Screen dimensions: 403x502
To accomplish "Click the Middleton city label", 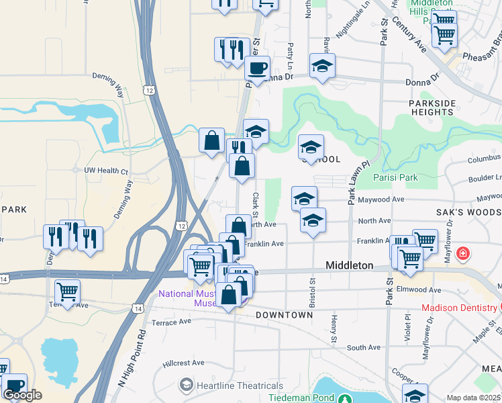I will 349,265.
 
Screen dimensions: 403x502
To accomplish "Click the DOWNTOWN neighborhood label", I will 284,315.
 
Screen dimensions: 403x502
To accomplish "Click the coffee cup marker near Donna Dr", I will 257,69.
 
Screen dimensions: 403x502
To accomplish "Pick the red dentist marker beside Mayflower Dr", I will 462,254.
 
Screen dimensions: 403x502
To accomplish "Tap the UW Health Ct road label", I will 105,171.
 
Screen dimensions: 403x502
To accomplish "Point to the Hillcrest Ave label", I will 183,363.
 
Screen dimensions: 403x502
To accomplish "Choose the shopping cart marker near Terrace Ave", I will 67,292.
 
